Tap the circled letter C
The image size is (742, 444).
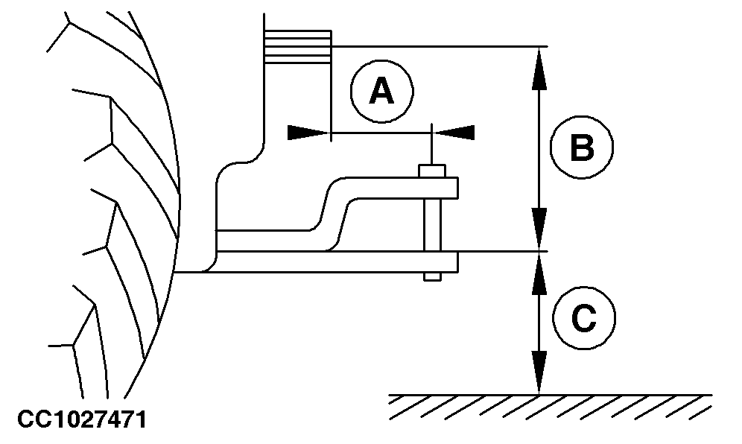click(583, 319)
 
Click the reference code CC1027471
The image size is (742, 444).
click(73, 420)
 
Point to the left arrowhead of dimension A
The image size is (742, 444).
click(308, 133)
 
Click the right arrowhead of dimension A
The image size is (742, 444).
click(454, 132)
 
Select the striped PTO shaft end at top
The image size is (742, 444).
click(298, 46)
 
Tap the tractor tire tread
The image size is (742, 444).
click(112, 223)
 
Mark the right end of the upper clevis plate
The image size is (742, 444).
click(452, 188)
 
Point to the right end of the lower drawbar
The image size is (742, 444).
click(452, 261)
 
